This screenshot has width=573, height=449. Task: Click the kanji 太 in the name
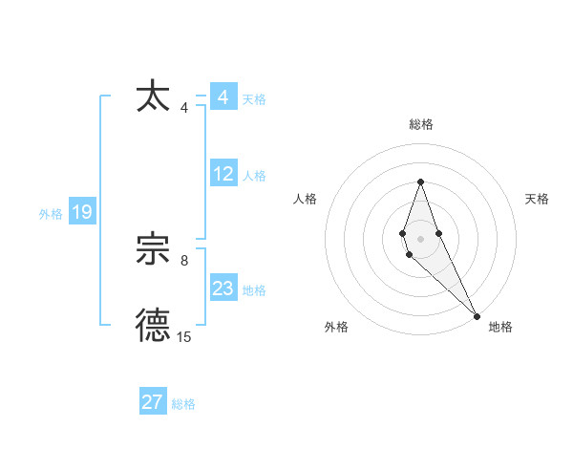[x=154, y=97]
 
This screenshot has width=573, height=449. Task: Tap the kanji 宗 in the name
[x=154, y=250]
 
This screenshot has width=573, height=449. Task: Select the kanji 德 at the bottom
[x=154, y=326]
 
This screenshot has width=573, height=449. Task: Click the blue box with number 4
[x=223, y=97]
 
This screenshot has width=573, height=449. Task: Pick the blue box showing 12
[x=223, y=174]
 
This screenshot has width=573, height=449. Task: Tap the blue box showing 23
[x=223, y=289]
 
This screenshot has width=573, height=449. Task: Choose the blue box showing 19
[x=82, y=212]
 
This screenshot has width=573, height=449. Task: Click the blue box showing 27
[x=153, y=402]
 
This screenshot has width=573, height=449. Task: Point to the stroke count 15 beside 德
[x=183, y=336]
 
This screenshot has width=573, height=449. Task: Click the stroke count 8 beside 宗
[x=184, y=260]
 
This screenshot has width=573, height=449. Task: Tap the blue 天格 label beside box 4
[x=254, y=99]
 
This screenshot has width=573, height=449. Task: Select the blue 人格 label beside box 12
[x=254, y=176]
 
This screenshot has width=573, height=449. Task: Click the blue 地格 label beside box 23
[x=254, y=290]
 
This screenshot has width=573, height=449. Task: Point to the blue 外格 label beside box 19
[x=51, y=214]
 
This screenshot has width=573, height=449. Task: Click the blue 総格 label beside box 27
[x=183, y=404]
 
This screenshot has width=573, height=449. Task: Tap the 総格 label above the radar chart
[x=420, y=124]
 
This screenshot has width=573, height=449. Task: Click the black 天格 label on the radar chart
[x=537, y=199]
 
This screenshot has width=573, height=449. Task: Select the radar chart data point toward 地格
[x=477, y=315]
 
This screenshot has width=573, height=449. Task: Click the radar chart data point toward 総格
[x=420, y=182]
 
